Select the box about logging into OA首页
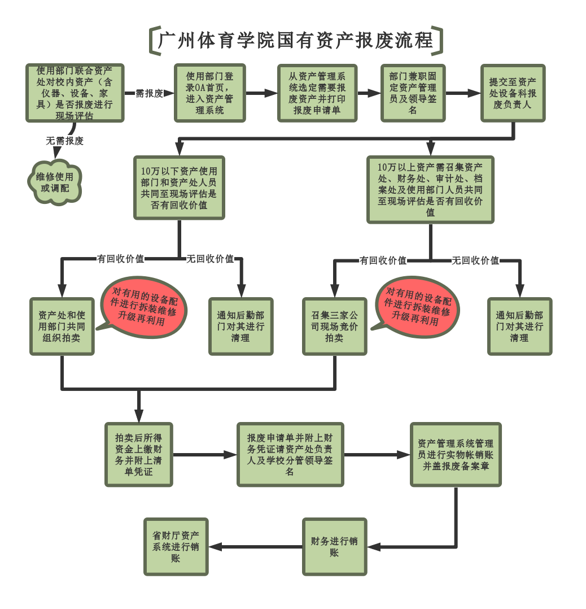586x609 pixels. pos(209,93)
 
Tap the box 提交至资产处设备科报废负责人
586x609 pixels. pos(513,93)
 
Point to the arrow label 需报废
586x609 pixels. pos(149,93)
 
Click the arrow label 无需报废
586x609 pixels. pos(65,141)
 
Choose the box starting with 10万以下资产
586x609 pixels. pos(179,188)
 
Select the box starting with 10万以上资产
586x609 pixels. pos(430,190)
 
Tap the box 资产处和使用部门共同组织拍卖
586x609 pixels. pos(62,327)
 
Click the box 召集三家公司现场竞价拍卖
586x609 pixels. pos(334,327)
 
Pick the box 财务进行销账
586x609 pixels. pos(334,546)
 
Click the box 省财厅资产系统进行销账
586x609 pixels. pos(176,546)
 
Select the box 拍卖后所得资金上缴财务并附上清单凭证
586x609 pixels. pos(138,454)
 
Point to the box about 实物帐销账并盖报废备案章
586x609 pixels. pos(456,454)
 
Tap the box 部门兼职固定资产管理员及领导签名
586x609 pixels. pos(413,93)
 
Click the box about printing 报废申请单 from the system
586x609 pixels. pos(317,93)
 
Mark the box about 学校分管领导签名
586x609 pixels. pos(290,454)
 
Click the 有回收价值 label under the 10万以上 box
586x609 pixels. pos(383,260)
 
